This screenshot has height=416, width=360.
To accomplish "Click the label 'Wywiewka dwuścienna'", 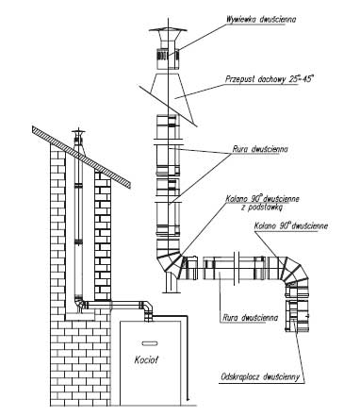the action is (x=261, y=19).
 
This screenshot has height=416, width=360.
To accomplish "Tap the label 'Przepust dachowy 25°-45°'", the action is (x=270, y=78).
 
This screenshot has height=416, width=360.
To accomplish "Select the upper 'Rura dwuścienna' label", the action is (x=260, y=149).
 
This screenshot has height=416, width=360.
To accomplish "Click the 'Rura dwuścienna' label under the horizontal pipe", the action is (x=251, y=318).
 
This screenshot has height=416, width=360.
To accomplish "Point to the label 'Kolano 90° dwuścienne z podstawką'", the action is (x=262, y=203).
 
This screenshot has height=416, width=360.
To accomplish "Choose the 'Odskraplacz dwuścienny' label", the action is (x=260, y=376).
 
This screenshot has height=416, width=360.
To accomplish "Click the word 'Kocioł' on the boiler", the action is (x=146, y=359).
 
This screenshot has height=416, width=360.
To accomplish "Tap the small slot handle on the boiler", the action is (x=150, y=343).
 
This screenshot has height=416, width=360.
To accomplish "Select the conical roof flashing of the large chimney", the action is (x=168, y=93).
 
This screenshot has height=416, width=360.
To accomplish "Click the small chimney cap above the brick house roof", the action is (x=78, y=133).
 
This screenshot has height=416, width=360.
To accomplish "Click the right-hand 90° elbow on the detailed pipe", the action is (x=293, y=273).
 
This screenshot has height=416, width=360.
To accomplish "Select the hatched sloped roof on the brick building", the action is (x=81, y=157).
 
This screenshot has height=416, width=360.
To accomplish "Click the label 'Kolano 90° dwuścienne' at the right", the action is (x=291, y=225).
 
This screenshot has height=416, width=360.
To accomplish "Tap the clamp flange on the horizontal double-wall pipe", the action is (x=237, y=268).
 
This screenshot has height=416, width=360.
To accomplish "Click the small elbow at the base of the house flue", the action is (x=81, y=304).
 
